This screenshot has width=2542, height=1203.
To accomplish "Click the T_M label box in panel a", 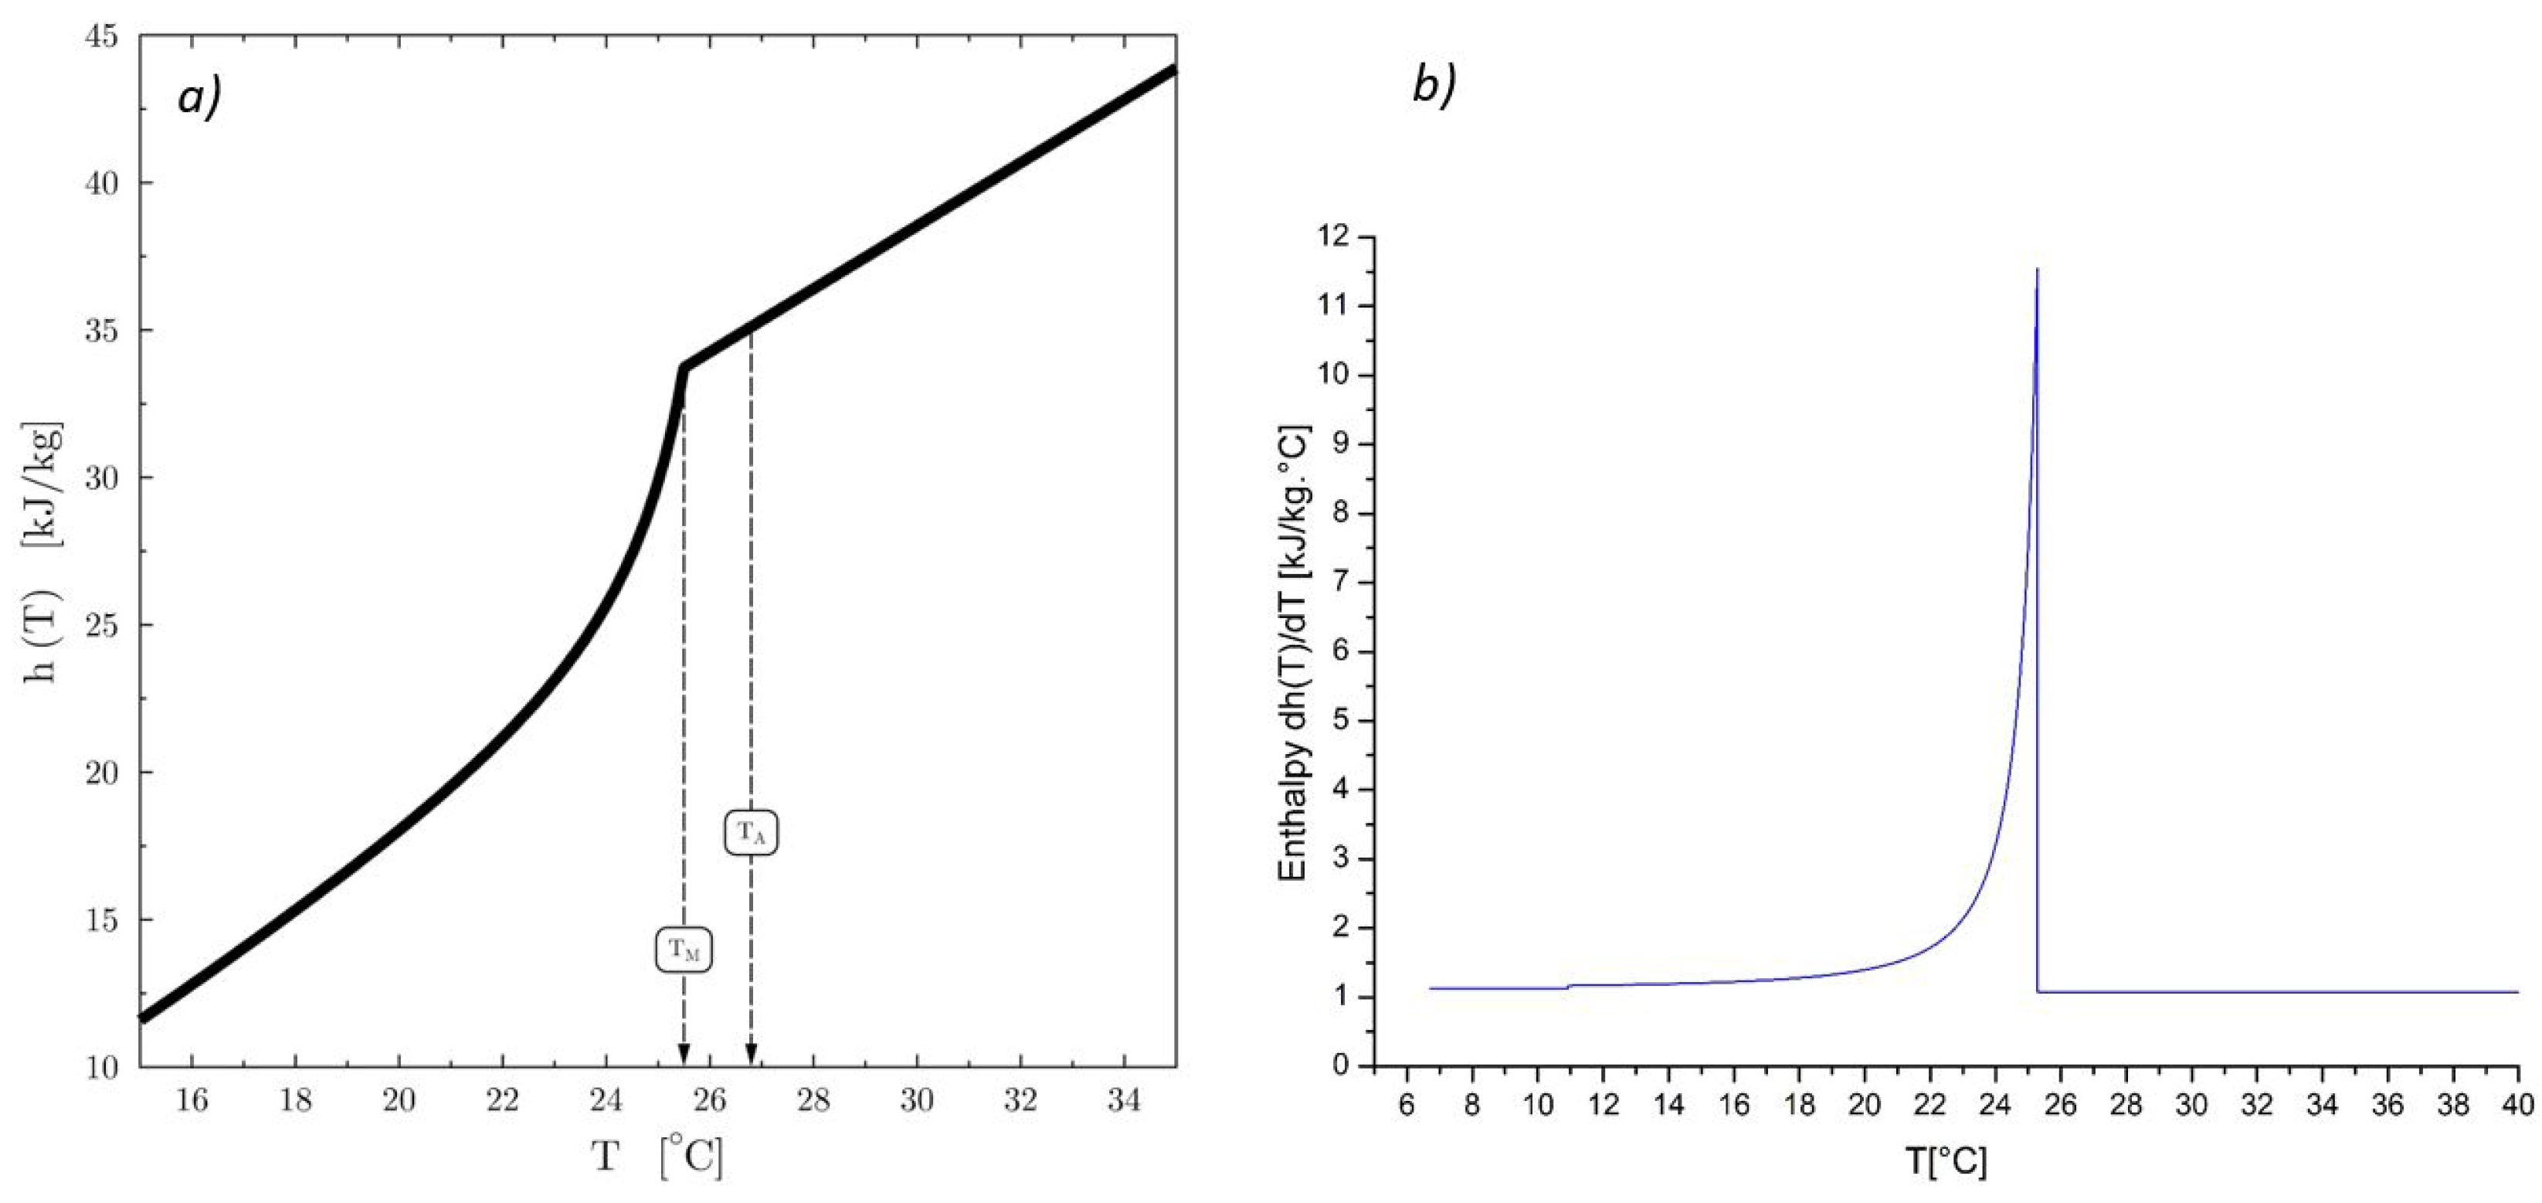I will pos(684,950).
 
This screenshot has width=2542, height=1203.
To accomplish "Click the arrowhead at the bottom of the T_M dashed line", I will pos(684,1053).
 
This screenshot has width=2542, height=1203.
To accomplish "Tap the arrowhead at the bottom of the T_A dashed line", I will pos(751,1053).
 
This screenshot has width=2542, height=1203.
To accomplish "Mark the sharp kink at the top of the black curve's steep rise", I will pos(683,367).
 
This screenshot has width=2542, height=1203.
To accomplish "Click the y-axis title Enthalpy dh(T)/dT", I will pos(1293,651).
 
